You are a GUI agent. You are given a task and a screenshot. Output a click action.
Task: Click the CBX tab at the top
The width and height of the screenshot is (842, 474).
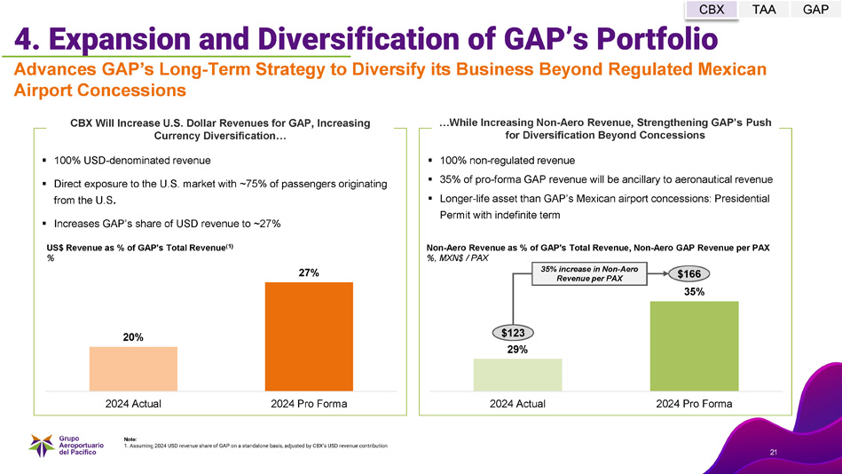(712, 10)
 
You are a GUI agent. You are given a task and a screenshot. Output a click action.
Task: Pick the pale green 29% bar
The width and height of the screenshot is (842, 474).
(517, 374)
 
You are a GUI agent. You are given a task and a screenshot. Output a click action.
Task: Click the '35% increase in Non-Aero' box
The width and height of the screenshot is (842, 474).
(585, 273)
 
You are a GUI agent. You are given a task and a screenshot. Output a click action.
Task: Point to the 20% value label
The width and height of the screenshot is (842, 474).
(133, 336)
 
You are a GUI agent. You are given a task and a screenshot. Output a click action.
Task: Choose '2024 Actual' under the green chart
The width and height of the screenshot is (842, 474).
(517, 404)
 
